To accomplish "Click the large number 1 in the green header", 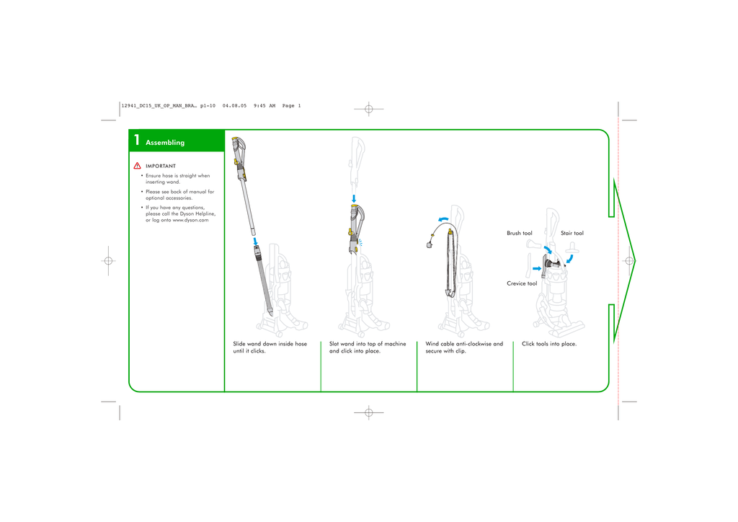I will (x=135, y=141).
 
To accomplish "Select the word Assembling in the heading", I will (x=165, y=143).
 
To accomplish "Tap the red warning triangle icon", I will (x=137, y=167).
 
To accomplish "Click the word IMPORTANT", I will (x=161, y=167).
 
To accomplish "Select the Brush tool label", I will (x=519, y=234).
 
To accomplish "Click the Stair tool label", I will (x=572, y=234).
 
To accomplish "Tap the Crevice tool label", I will (x=522, y=283).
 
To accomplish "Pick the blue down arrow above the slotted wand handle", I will (x=354, y=198).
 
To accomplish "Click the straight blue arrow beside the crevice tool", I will (x=536, y=268).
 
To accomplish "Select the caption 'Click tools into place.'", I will (x=549, y=344).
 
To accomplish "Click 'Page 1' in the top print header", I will (x=291, y=106).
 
